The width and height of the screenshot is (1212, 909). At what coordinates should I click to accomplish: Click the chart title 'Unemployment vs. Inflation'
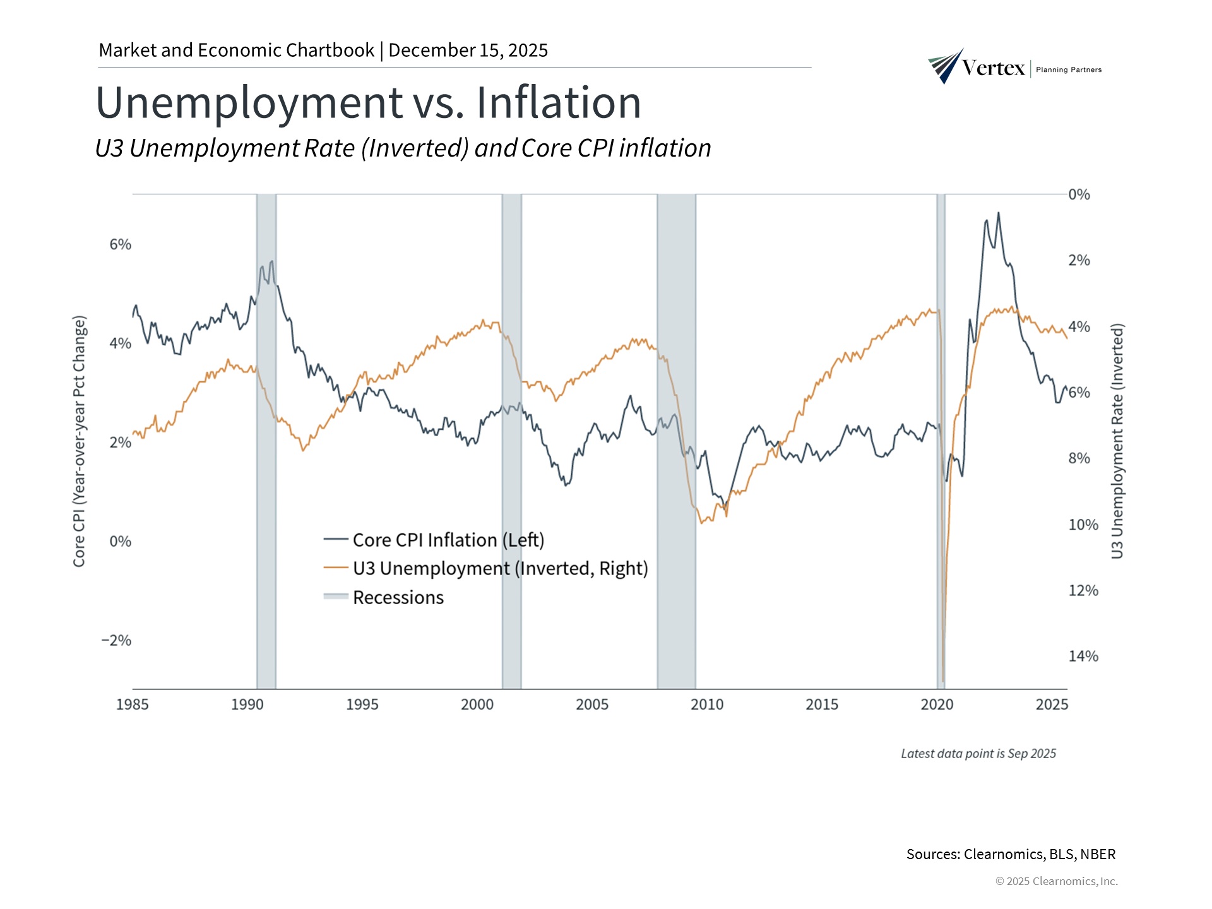[368, 102]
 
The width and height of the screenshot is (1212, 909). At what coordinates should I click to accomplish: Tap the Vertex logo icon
[946, 66]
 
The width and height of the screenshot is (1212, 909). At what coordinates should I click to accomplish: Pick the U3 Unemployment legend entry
[485, 569]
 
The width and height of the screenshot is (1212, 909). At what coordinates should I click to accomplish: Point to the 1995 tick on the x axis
[362, 704]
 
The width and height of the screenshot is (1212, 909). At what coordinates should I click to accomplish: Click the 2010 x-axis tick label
[707, 704]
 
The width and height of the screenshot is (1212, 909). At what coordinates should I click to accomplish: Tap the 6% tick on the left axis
[121, 244]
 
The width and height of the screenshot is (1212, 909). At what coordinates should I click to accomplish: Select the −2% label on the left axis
[117, 640]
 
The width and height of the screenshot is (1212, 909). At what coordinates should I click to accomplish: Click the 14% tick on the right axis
[1083, 656]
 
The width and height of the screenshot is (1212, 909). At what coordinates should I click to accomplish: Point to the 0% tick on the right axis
[1079, 194]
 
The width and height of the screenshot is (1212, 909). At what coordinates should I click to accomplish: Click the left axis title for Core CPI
[79, 441]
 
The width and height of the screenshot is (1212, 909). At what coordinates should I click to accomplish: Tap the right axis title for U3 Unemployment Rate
[1117, 441]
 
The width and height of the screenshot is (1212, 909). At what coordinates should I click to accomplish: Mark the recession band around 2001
[512, 442]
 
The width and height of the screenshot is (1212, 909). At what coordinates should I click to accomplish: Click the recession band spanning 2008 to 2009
[676, 442]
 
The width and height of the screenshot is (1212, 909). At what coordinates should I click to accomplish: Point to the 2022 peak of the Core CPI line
[998, 213]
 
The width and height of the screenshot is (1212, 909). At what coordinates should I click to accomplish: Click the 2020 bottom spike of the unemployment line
[943, 680]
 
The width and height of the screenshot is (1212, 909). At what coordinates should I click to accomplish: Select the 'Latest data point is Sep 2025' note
[978, 754]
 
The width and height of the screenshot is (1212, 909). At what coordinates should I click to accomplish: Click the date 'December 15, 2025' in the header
[468, 50]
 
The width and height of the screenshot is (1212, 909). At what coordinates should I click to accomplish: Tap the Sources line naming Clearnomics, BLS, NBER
[1011, 854]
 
